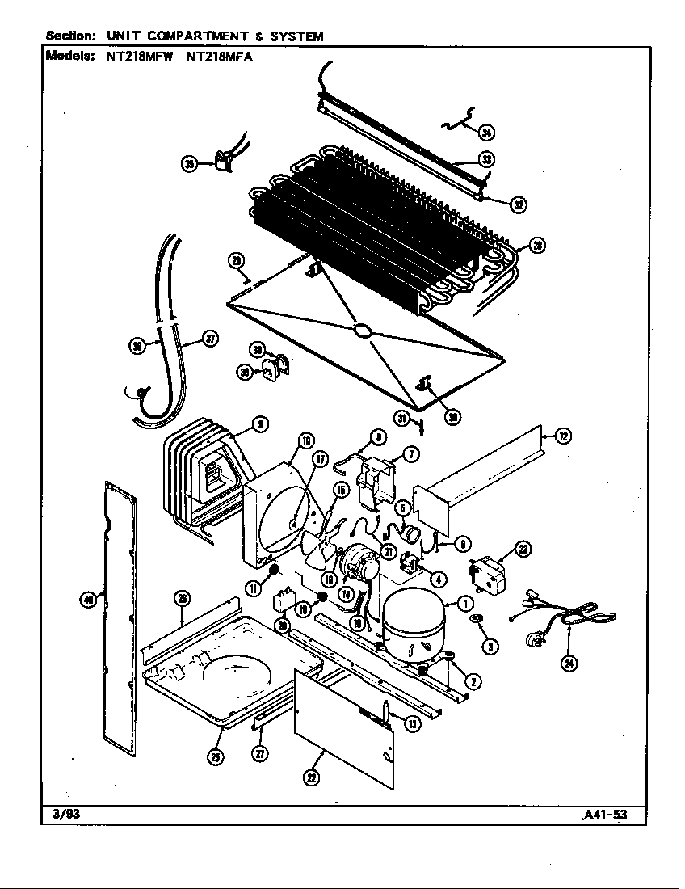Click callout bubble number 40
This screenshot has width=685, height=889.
[89, 599]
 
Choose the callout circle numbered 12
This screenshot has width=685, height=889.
[563, 437]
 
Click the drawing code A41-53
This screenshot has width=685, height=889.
[604, 814]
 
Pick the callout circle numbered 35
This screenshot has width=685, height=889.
[191, 164]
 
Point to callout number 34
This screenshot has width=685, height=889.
[486, 133]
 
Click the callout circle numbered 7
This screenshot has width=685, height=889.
[410, 454]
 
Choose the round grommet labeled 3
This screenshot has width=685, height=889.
[476, 619]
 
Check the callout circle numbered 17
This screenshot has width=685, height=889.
[321, 461]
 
